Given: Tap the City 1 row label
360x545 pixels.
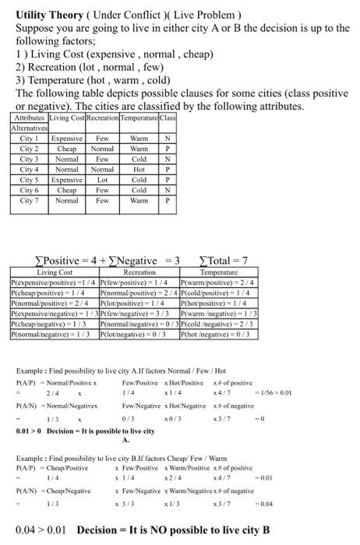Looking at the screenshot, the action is [x=30, y=137].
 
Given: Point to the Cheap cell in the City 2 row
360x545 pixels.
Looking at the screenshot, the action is [x=67, y=147].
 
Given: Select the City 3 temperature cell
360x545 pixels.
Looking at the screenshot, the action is [x=139, y=158].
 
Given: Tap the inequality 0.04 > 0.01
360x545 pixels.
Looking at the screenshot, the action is [x=34, y=530].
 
